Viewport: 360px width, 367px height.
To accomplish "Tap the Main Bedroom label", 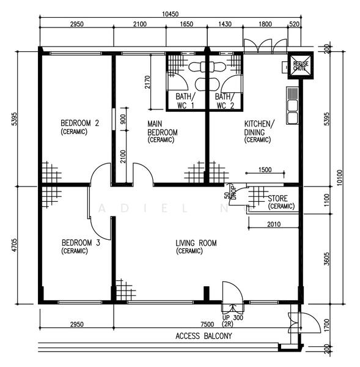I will pyautogui.click(x=162, y=128).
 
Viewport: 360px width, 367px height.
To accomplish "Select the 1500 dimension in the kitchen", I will pyautogui.click(x=265, y=170).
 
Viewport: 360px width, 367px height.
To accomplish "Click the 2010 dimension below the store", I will pyautogui.click(x=274, y=224).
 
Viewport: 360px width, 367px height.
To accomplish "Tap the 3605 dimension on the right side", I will pyautogui.click(x=328, y=258).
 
